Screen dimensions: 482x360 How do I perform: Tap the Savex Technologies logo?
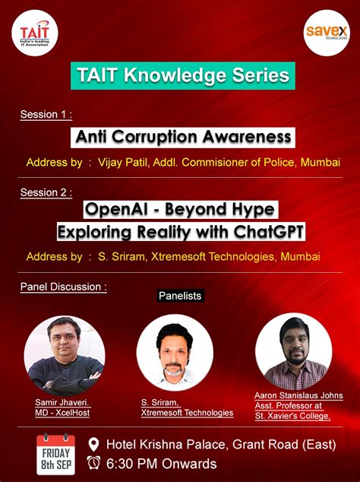click(x=326, y=33)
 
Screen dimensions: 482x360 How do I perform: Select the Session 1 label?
click(x=46, y=115)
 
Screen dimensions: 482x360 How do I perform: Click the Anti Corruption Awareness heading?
click(x=183, y=137)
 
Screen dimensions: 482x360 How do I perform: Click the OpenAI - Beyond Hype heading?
click(x=180, y=208)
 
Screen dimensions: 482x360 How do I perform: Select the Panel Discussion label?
click(x=63, y=287)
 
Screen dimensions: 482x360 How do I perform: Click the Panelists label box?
click(x=180, y=295)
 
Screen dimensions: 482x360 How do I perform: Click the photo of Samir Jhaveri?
click(x=64, y=354)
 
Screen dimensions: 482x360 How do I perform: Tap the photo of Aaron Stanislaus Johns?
click(x=293, y=353)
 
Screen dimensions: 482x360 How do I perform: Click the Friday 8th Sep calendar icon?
click(x=58, y=453)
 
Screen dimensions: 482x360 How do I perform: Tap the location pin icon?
click(x=94, y=445)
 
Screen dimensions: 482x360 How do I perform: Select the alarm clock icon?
click(x=94, y=463)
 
